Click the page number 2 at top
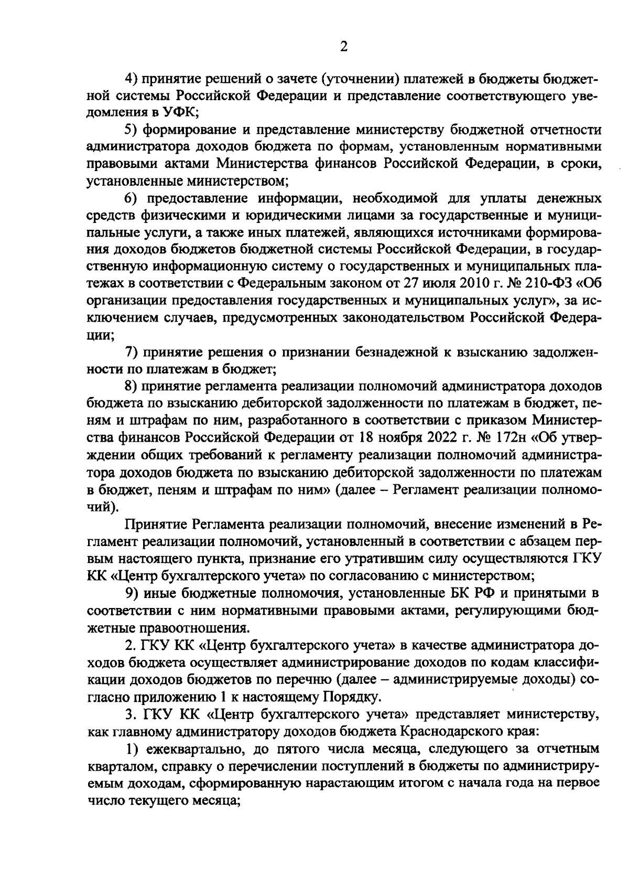[344, 47]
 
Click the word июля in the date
[439, 284]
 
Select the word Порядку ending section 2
[351, 697]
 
